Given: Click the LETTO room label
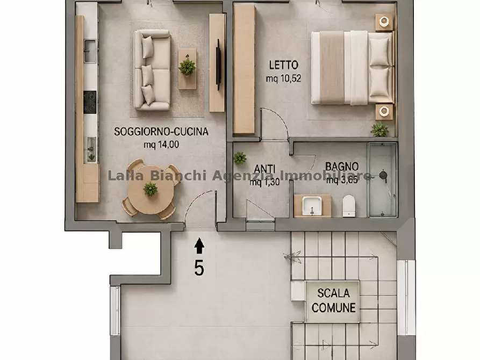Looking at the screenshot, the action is pyautogui.click(x=283, y=65).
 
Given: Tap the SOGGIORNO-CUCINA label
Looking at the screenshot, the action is pyautogui.click(x=161, y=132).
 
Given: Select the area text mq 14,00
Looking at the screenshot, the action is pyautogui.click(x=161, y=145).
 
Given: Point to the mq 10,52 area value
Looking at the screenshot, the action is pyautogui.click(x=283, y=78).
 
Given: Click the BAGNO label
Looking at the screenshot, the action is pyautogui.click(x=342, y=167).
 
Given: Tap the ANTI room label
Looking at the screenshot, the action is pyautogui.click(x=264, y=169).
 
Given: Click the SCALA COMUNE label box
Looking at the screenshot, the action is pyautogui.click(x=333, y=300).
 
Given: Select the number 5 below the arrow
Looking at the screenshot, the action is pyautogui.click(x=199, y=269).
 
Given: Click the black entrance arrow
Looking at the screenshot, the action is pyautogui.click(x=199, y=246).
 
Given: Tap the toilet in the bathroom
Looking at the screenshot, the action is pyautogui.click(x=349, y=206).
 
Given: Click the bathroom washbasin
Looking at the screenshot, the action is pyautogui.click(x=312, y=206).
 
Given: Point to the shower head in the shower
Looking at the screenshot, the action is pyautogui.click(x=383, y=175).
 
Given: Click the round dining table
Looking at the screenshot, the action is pyautogui.click(x=151, y=190).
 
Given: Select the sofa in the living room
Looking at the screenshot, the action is pyautogui.click(x=152, y=70).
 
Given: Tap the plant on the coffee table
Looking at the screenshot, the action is pyautogui.click(x=187, y=67).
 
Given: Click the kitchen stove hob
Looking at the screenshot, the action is pyautogui.click(x=90, y=102).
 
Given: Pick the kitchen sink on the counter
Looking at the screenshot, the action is pyautogui.click(x=90, y=51).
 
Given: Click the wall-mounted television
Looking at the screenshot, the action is pyautogui.click(x=219, y=64).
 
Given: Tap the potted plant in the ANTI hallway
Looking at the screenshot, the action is pyautogui.click(x=240, y=159).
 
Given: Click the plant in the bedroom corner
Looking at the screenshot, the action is pyautogui.click(x=379, y=130).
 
